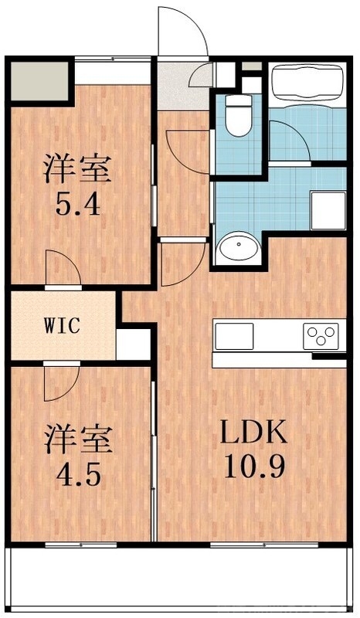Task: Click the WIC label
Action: (62, 326)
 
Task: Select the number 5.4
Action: (77, 206)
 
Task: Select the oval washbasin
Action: (238, 250)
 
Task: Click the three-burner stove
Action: (321, 336)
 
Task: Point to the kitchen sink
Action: (234, 336)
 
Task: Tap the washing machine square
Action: (328, 209)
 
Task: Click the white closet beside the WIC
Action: (133, 345)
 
